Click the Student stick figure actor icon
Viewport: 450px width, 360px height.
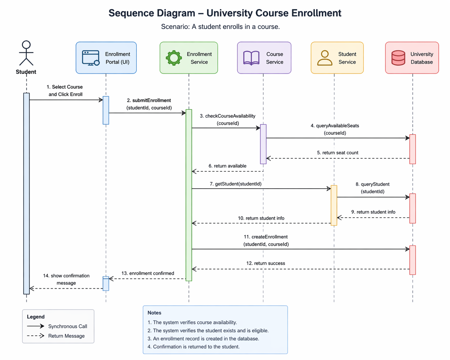[26, 53]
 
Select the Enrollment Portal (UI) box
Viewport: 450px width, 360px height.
[106, 58]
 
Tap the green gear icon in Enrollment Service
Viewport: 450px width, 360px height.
[174, 58]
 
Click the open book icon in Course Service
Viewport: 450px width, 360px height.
[251, 58]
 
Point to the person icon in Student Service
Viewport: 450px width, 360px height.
[325, 58]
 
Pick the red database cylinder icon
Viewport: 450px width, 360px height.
[398, 58]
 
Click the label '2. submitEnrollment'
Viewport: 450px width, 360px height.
[149, 100]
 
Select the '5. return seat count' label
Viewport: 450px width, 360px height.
[337, 153]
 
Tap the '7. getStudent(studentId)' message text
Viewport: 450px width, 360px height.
[236, 184]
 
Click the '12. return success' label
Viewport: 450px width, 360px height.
[265, 263]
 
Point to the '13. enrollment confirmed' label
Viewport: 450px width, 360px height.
[148, 273]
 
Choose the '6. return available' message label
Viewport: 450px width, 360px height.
[227, 166]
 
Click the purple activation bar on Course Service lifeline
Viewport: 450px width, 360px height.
[263, 144]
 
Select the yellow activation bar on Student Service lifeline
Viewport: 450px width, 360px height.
[334, 205]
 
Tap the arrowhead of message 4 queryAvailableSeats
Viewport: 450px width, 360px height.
[408, 138]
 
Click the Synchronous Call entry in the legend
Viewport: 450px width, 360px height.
[67, 326]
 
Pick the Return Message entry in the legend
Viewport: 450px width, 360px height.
[66, 336]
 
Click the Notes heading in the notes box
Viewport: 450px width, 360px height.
[154, 313]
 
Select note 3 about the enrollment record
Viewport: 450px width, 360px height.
[203, 339]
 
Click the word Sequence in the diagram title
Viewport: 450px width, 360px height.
[130, 13]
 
